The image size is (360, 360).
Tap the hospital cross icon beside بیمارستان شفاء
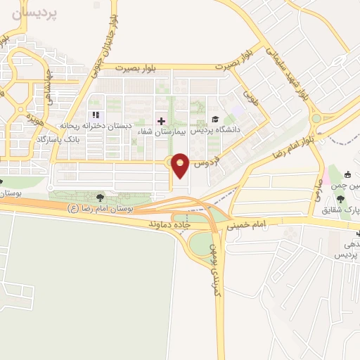point(161,121)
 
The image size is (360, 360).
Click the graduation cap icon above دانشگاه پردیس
point(214,120)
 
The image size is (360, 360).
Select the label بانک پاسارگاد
point(82,140)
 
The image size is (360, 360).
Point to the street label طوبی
point(250,91)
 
